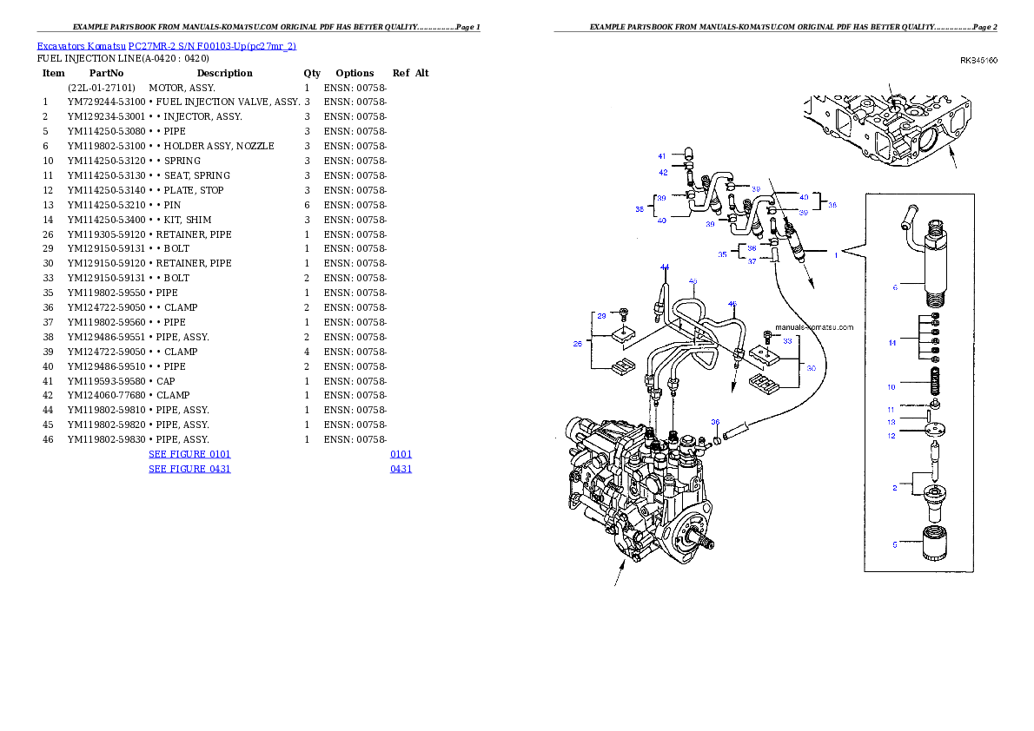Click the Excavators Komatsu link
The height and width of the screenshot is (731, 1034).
click(x=81, y=46)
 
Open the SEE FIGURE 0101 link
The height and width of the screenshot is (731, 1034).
click(x=190, y=454)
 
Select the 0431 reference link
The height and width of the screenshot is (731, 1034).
click(x=401, y=469)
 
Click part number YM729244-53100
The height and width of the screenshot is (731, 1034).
click(x=106, y=102)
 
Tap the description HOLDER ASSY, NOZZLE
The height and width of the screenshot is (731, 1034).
click(x=219, y=147)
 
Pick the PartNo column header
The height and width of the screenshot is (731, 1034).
click(x=106, y=73)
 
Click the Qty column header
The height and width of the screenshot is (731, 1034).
click(x=312, y=73)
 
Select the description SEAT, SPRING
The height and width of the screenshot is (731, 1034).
click(x=197, y=176)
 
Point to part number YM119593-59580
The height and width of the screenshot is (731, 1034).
click(x=106, y=382)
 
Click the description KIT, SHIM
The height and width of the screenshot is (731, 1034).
click(x=188, y=221)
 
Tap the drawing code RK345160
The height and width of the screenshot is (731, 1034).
click(x=978, y=61)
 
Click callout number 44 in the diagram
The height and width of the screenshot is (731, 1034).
click(x=665, y=267)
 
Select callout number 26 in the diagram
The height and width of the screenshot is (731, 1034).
click(x=578, y=344)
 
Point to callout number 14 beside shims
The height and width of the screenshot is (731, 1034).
click(x=892, y=343)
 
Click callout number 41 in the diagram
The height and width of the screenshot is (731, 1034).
click(x=662, y=156)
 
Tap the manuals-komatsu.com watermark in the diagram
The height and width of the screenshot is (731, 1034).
click(x=814, y=327)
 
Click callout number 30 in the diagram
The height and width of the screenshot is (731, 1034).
click(x=811, y=368)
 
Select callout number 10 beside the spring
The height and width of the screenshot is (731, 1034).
click(x=891, y=387)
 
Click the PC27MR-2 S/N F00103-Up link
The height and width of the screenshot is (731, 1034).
click(x=212, y=46)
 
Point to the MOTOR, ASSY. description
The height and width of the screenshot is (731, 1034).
click(x=182, y=88)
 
